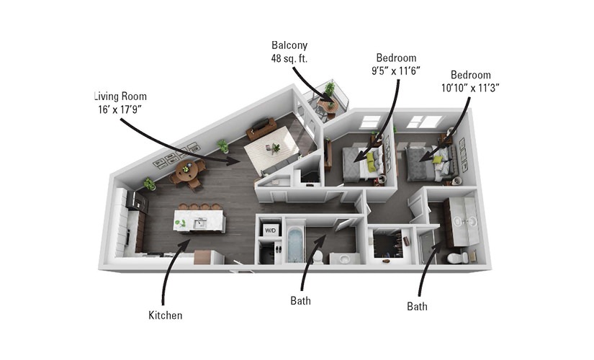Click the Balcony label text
[289, 45]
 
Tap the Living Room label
[120, 96]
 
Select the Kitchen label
[165, 315]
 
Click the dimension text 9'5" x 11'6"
[396, 71]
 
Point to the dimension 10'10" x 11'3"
[470, 88]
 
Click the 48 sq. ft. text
[289, 59]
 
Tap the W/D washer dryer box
[271, 230]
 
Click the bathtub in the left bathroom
[295, 244]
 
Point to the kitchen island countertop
[199, 221]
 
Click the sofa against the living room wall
[261, 128]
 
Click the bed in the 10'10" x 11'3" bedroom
[430, 163]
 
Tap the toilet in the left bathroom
[318, 257]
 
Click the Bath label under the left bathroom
[301, 301]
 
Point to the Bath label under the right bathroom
[417, 306]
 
